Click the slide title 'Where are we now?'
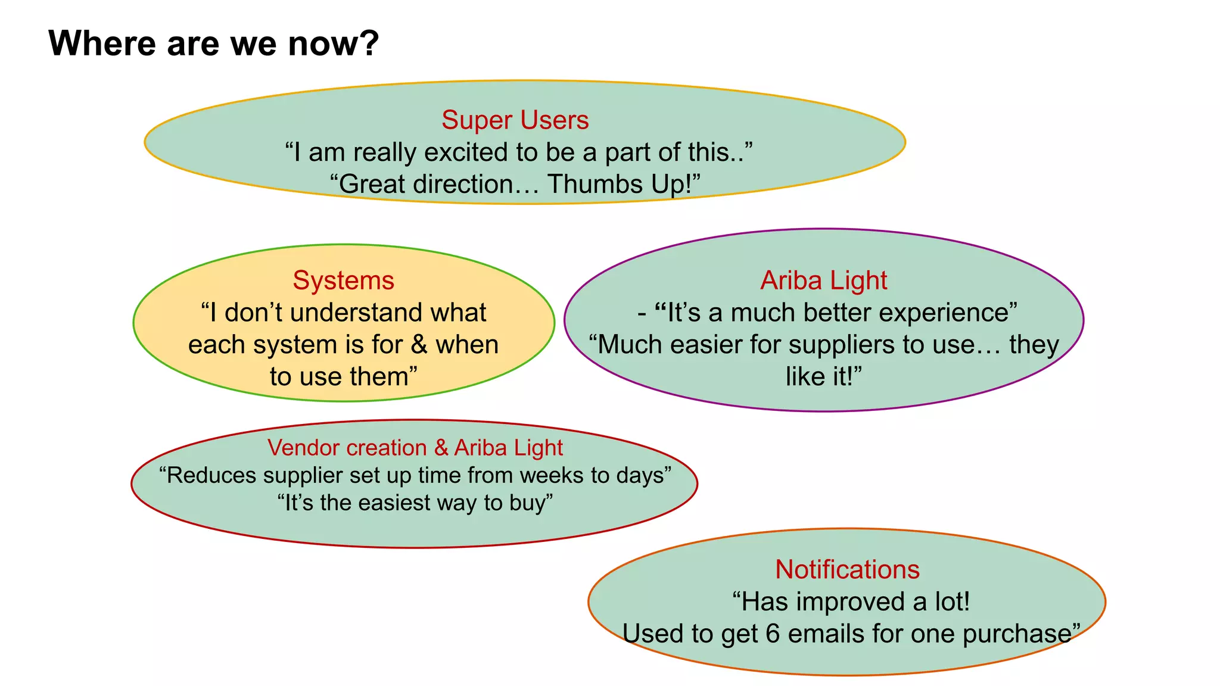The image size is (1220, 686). click(x=213, y=43)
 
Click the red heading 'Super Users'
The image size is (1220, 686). click(x=515, y=120)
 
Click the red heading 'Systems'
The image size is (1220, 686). click(x=343, y=280)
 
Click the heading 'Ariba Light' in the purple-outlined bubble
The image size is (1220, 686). click(x=823, y=280)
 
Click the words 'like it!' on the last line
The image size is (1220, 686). click(x=823, y=377)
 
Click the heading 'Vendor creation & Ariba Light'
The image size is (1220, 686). click(x=415, y=448)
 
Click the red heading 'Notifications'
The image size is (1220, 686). click(x=847, y=570)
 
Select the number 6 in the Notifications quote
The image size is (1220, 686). click(x=773, y=634)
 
